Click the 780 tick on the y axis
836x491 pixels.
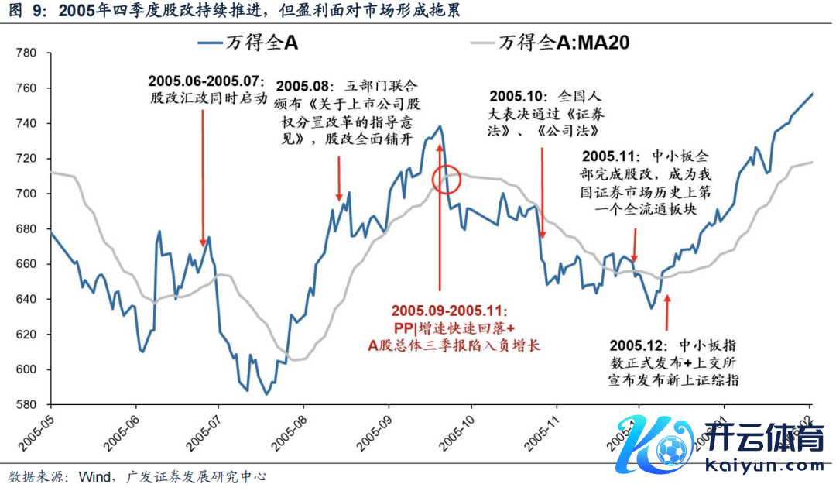pyautogui.click(x=27, y=53)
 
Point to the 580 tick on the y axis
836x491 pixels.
pyautogui.click(x=27, y=405)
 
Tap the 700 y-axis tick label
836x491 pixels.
pyautogui.click(x=27, y=194)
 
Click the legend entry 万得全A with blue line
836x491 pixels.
pyautogui.click(x=248, y=43)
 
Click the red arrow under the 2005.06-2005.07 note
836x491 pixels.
pyautogui.click(x=203, y=178)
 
